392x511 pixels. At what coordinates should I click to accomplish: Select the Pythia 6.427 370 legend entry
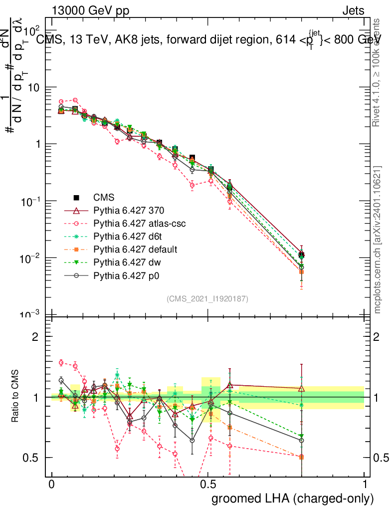(129, 211)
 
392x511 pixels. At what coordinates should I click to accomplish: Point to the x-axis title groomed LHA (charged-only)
(293, 499)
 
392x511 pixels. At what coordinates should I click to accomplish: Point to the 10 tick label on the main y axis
(35, 87)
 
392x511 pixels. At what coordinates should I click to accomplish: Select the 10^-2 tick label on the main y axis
(31, 257)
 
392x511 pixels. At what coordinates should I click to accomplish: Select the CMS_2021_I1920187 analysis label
(207, 298)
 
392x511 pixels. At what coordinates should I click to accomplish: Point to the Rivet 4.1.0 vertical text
(378, 72)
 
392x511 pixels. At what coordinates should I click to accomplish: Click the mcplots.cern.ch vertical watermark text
(378, 240)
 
